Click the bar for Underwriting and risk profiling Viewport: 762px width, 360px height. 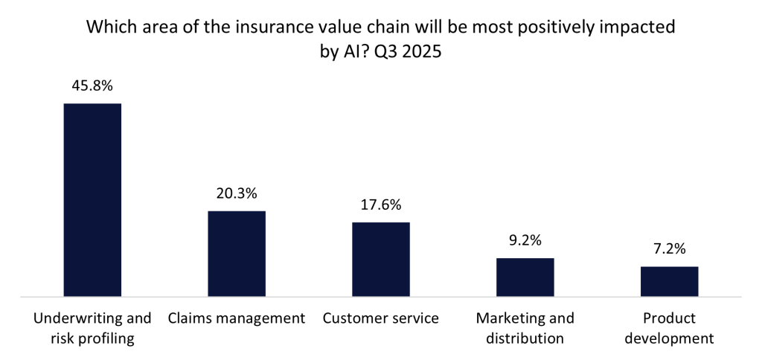pos(92,199)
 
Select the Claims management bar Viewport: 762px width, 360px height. pos(237,254)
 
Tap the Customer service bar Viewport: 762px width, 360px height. pos(381,259)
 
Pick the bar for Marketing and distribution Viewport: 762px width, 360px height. pos(525,277)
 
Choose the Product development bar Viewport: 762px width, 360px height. pos(669,281)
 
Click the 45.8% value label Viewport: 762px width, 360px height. pos(92,86)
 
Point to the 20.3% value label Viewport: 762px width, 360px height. pos(237,193)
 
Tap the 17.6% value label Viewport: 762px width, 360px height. pos(381,205)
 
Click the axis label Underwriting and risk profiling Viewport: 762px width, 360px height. pos(92,328)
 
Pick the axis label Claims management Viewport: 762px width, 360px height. pos(237,318)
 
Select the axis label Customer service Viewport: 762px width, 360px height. pos(381,318)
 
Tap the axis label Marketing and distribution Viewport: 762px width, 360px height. pos(525,328)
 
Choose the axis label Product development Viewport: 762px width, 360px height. pos(669,328)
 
